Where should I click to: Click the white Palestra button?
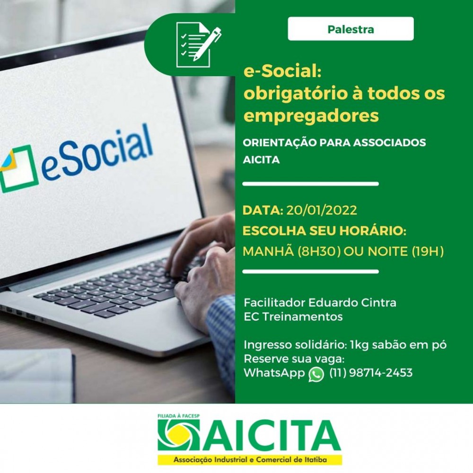(x=350, y=29)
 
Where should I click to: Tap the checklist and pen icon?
(x=198, y=44)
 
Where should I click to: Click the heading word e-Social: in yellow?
(x=282, y=71)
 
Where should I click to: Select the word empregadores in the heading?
(x=311, y=116)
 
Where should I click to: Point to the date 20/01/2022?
(x=322, y=210)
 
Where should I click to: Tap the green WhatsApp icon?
(x=316, y=374)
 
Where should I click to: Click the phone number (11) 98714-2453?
(x=371, y=373)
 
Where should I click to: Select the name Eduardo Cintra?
(x=352, y=302)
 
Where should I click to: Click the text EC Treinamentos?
(x=293, y=316)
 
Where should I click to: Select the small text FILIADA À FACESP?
(x=179, y=416)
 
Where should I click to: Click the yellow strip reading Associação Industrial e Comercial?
(x=250, y=460)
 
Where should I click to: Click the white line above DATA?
(x=310, y=184)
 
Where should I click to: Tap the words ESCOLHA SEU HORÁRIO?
(x=324, y=231)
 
